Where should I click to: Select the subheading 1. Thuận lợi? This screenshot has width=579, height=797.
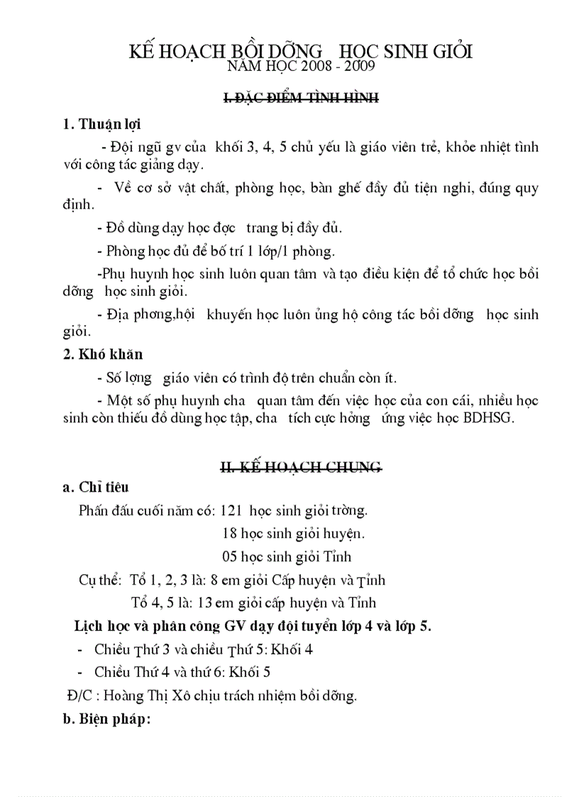tap(101, 125)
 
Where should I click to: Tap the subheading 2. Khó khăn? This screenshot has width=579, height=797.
tap(103, 354)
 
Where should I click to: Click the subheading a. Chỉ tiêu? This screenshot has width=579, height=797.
tap(96, 488)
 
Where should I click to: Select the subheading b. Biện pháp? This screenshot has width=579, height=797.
tap(106, 720)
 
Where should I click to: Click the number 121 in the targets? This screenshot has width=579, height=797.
tap(232, 510)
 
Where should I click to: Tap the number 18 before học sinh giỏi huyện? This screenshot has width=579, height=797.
tap(229, 533)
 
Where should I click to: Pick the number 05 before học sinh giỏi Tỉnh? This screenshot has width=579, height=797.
tap(230, 556)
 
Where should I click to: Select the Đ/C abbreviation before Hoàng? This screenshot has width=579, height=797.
tap(74, 696)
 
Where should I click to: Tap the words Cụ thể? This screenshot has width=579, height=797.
tap(100, 580)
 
